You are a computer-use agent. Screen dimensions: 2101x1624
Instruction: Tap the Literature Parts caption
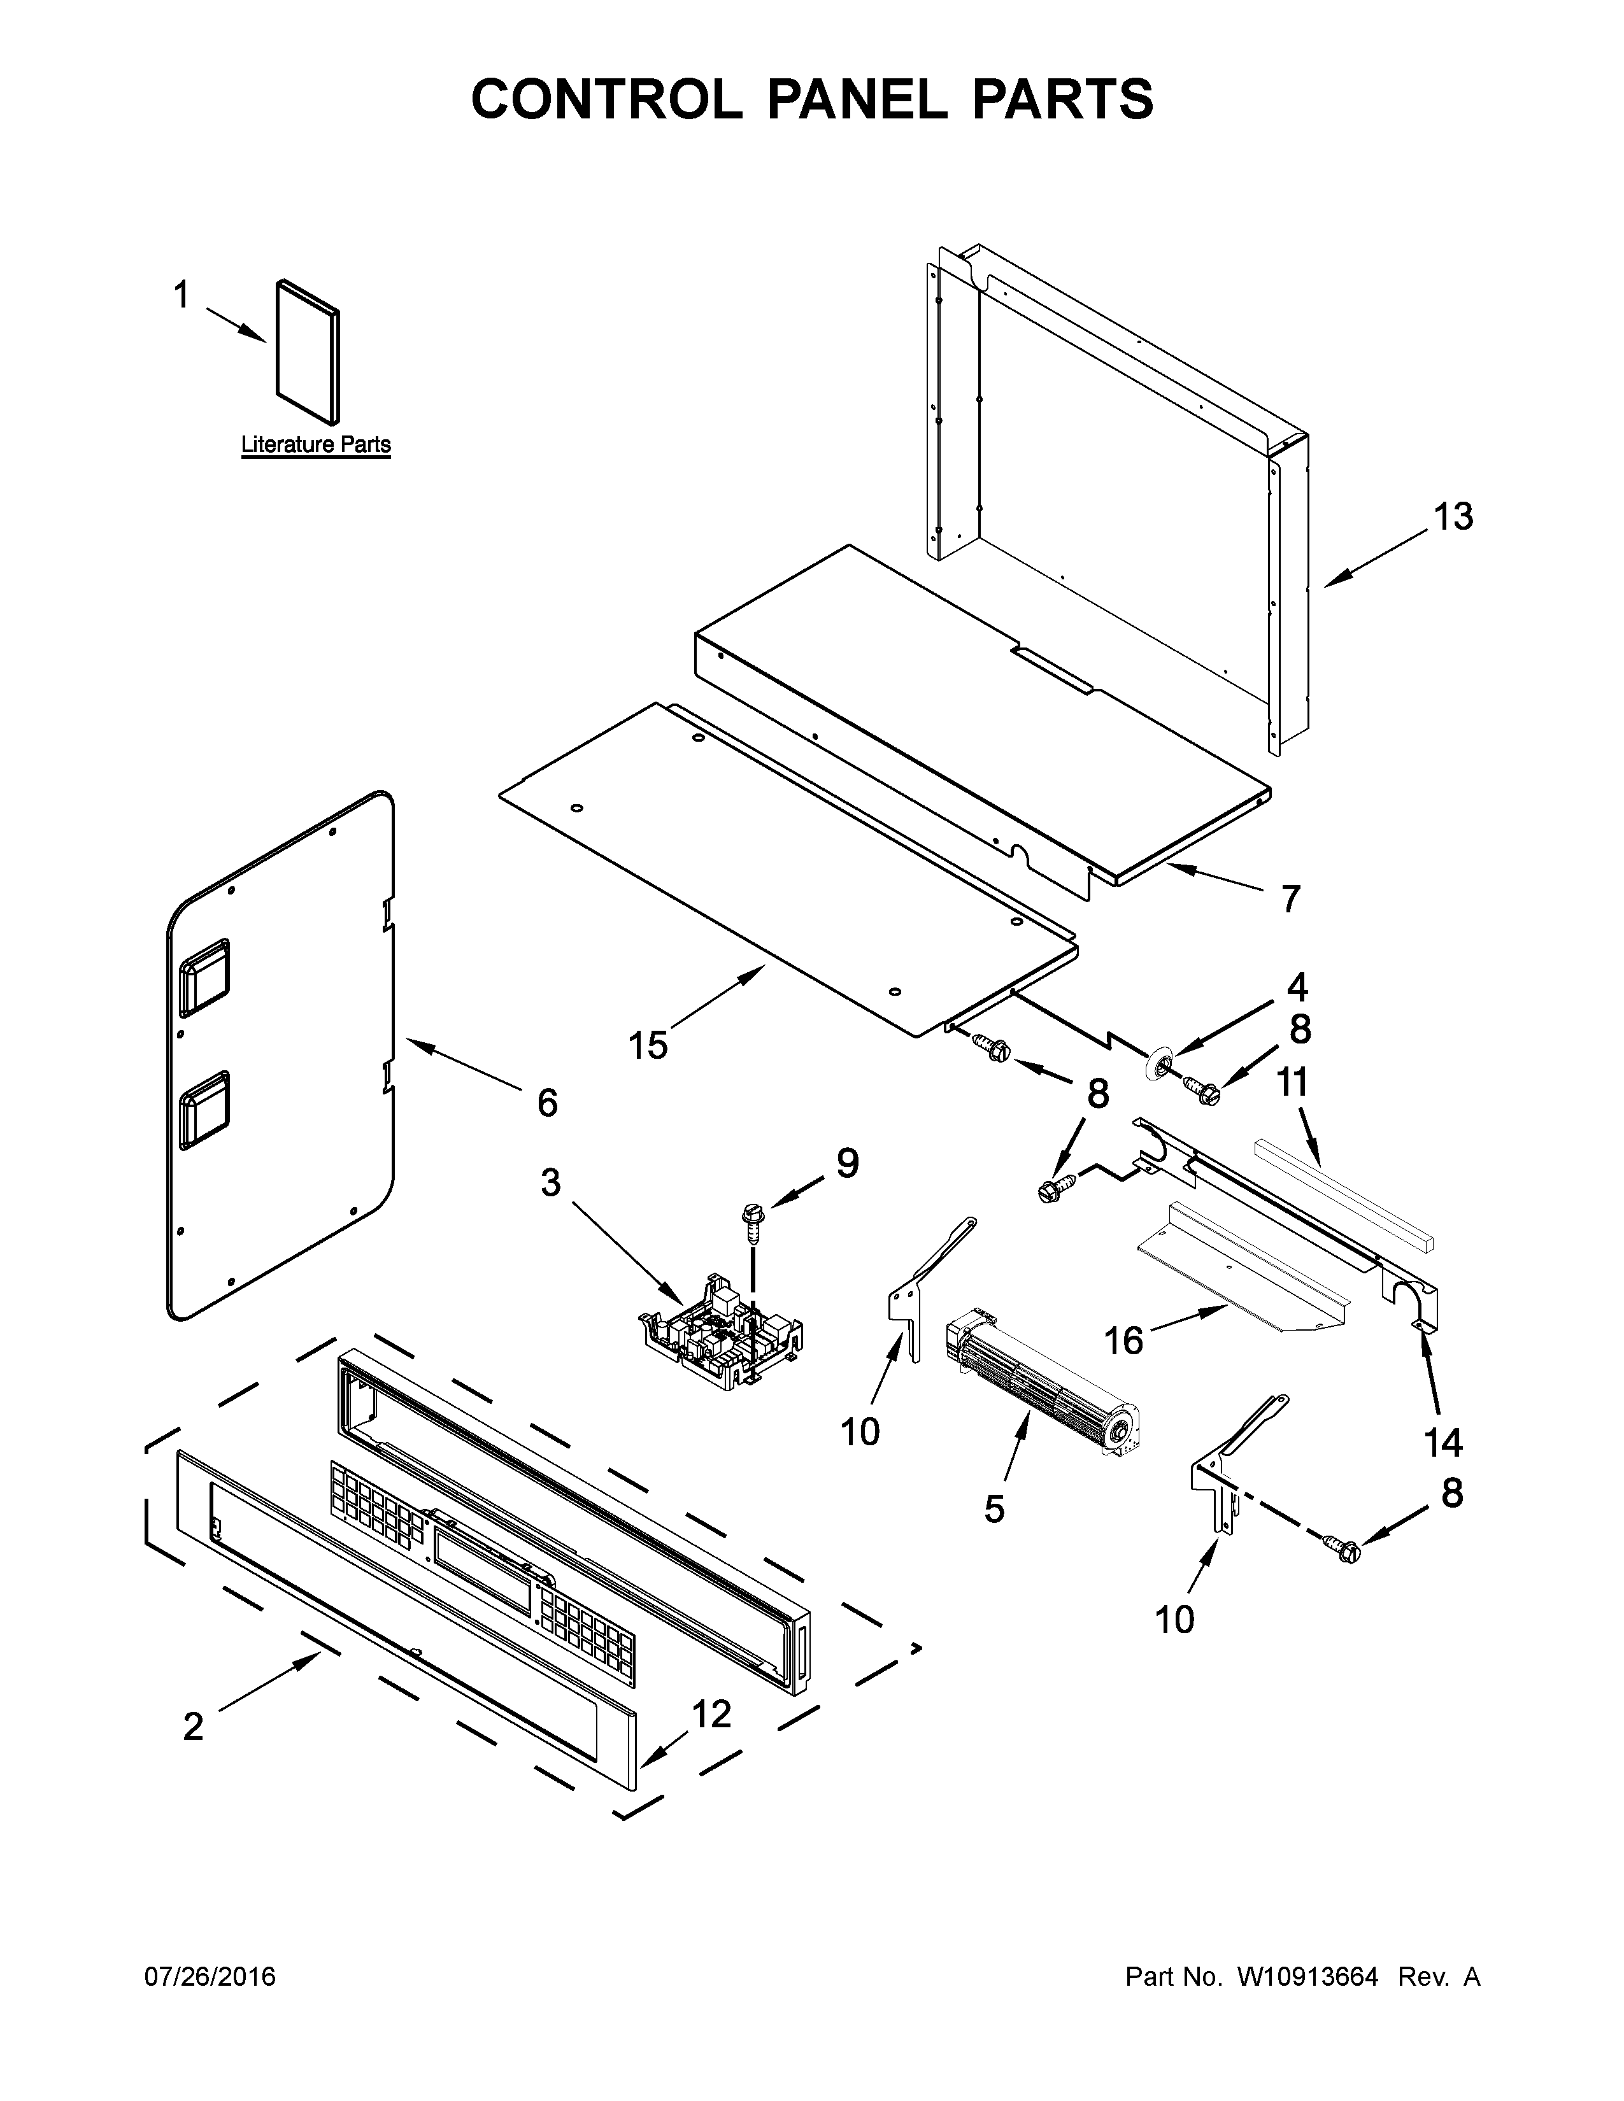(315, 444)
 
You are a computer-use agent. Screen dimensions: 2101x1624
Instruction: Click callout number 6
(546, 1103)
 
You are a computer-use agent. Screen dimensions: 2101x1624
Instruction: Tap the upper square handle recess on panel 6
(203, 977)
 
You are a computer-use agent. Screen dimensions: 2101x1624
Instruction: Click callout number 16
(1123, 1340)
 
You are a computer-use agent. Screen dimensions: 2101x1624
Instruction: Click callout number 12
(711, 1713)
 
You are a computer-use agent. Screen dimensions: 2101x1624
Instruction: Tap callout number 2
(194, 1727)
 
